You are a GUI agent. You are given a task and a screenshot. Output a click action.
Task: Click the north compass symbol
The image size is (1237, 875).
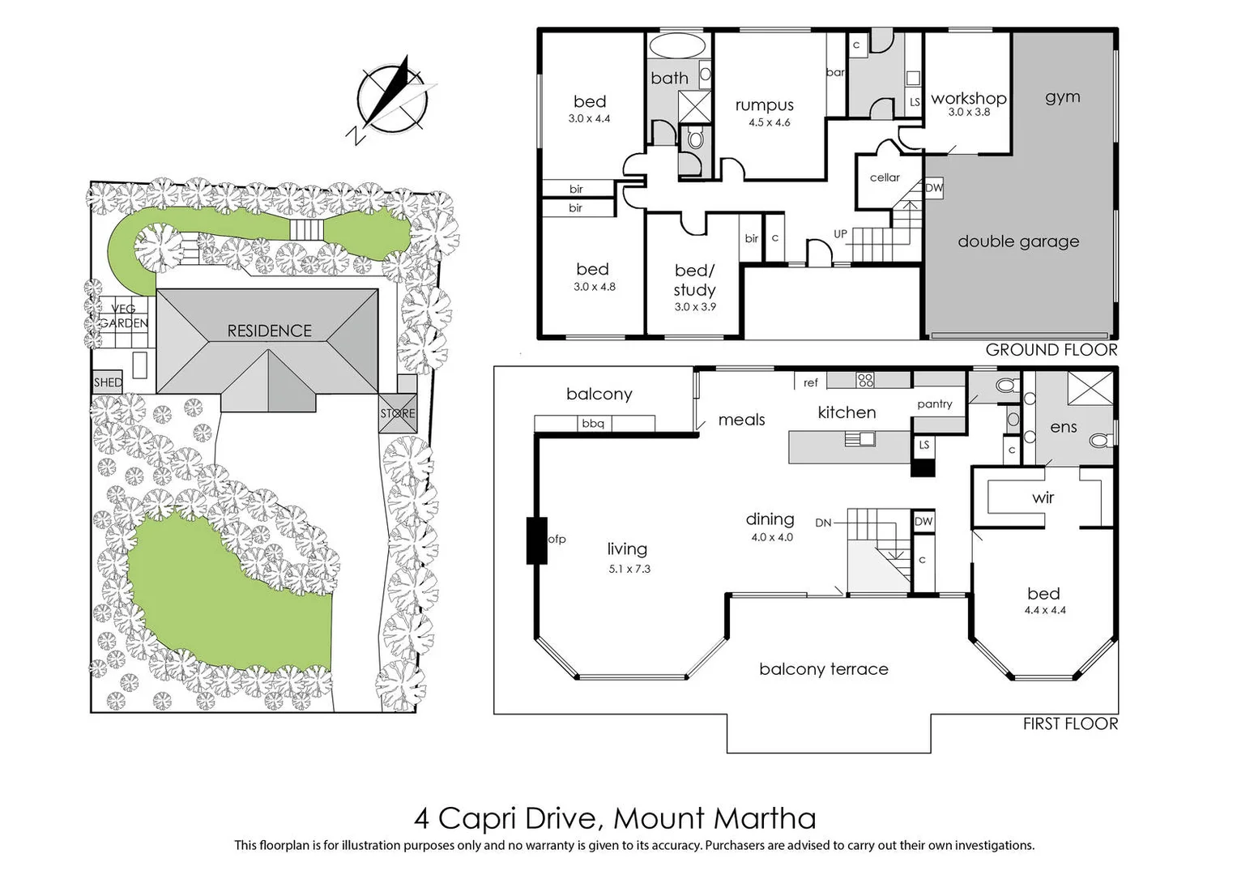click(392, 98)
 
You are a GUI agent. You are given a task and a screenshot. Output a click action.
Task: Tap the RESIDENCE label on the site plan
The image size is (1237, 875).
click(269, 331)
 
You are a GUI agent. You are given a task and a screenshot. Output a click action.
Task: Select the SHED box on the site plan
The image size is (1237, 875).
click(108, 382)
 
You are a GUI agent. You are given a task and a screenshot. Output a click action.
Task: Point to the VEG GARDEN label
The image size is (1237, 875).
click(124, 316)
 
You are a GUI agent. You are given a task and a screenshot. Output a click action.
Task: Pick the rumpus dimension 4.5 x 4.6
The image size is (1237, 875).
click(769, 122)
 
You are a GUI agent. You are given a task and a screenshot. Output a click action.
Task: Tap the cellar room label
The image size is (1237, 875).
click(885, 177)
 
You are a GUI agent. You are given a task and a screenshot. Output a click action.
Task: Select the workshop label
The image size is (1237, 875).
click(968, 98)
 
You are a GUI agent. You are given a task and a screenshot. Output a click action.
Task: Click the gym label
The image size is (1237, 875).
click(1062, 97)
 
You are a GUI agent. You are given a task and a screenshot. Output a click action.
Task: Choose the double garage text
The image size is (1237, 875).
click(1018, 241)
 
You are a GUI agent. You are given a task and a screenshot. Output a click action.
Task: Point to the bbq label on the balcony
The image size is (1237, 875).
click(593, 424)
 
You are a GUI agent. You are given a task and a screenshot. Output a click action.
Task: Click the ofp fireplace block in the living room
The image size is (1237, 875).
click(536, 540)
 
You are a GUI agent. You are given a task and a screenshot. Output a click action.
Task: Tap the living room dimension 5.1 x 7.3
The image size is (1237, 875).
click(629, 569)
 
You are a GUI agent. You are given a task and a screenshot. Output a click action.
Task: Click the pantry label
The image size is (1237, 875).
click(935, 403)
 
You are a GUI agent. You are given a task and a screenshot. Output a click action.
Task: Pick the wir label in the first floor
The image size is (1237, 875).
click(1043, 498)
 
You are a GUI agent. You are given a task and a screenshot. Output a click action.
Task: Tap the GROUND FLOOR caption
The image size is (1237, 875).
click(1051, 350)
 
